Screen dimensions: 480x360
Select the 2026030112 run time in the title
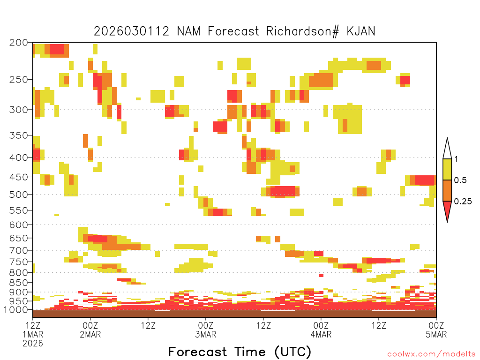131,31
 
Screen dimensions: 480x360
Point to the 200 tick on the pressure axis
19,43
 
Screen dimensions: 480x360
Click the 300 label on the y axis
19,110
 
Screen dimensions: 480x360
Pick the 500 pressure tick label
19,195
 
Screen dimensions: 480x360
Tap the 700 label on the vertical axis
19,250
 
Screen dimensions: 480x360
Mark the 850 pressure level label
19,283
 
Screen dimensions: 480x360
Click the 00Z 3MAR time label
206,330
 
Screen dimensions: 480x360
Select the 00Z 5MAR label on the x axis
436,330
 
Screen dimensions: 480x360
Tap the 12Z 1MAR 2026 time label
33,334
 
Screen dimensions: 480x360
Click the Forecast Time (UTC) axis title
240,352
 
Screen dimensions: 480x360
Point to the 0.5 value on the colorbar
460,180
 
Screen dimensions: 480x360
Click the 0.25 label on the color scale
463,202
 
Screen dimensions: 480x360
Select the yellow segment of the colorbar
447,169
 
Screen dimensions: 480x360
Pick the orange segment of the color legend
447,190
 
